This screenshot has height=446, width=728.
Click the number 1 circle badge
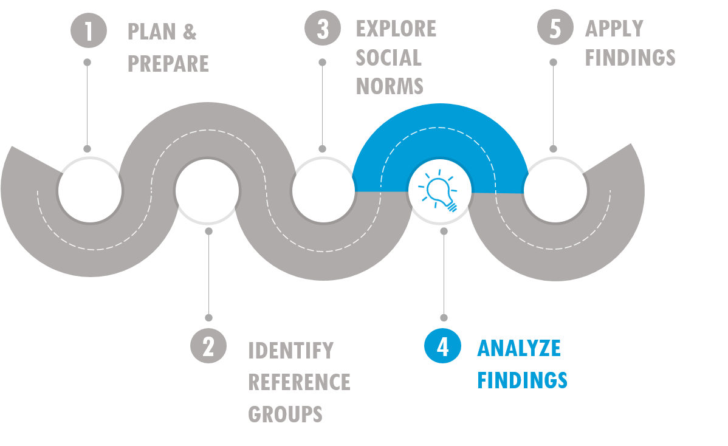point(89,30)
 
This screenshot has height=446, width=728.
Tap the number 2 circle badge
point(208,346)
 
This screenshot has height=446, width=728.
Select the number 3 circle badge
point(323,28)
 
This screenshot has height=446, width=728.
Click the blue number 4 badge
point(442,346)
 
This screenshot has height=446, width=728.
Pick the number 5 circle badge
point(555,27)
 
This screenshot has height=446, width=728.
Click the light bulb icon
point(438,191)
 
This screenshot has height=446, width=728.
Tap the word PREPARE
point(168,64)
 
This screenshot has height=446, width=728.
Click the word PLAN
point(152,32)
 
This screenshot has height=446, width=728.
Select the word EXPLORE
point(396,29)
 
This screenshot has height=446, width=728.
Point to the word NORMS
point(390,86)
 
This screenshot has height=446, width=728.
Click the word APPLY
point(614,29)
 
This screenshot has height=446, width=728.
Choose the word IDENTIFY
point(291,351)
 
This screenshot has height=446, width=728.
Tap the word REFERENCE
point(299,382)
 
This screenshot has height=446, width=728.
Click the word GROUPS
point(285,414)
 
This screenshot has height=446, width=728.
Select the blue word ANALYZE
point(519,348)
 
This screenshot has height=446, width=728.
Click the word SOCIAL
point(388,58)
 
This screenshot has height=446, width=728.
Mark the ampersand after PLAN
point(190,32)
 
